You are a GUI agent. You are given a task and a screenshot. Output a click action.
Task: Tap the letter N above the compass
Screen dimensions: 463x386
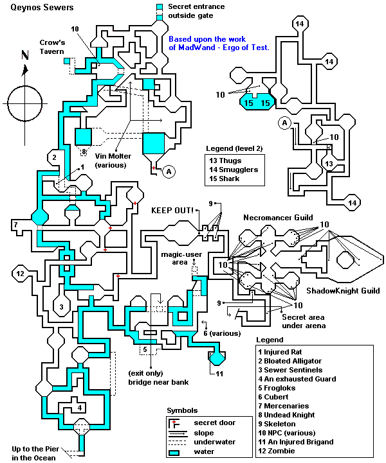(24, 56)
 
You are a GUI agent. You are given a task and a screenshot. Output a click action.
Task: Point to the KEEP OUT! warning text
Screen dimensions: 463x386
(172, 210)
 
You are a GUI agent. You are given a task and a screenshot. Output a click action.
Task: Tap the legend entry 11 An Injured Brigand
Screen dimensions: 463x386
(296, 442)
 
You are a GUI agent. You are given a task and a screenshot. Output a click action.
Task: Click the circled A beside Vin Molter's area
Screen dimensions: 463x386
(169, 171)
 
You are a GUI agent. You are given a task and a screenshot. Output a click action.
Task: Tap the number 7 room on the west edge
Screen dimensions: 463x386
(14, 225)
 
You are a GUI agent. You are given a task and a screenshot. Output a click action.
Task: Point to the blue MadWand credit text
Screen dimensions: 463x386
(219, 42)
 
